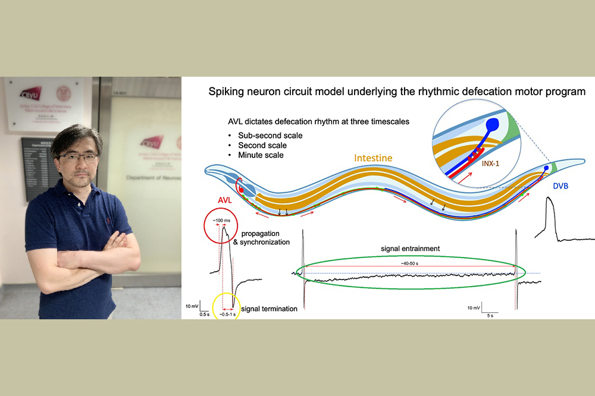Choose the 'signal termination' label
pyautogui.click(x=270, y=309)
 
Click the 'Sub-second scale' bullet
pyautogui.click(x=270, y=135)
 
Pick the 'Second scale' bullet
pyautogui.click(x=262, y=145)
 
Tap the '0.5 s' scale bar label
pyautogui.click(x=204, y=314)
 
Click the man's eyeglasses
pyautogui.click(x=78, y=157)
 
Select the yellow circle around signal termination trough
pyautogui.click(x=226, y=305)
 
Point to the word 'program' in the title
pyautogui.click(x=566, y=92)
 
